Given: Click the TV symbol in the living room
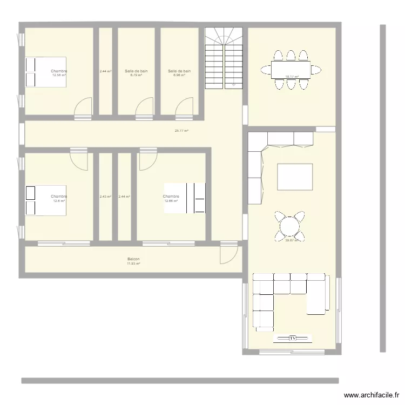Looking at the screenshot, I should point(293,338).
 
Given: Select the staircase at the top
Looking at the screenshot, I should point(222,58).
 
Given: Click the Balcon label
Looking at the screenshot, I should point(133,259).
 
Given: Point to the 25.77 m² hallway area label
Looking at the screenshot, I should point(181,131).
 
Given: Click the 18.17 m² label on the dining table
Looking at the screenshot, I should point(292,76).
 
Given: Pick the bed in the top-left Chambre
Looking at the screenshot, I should point(45,72).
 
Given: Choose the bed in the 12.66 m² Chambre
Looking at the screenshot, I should point(185,198).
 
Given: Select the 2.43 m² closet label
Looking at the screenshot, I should point(105,197).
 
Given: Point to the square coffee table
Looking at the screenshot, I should point(295,177).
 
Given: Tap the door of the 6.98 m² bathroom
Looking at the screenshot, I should point(185,107).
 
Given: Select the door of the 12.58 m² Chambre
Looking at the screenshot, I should point(83,108).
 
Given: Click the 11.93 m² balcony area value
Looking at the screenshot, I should point(133,264).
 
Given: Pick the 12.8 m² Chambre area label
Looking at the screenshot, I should point(59,201).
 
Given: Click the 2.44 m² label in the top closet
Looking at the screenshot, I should point(105,71).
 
